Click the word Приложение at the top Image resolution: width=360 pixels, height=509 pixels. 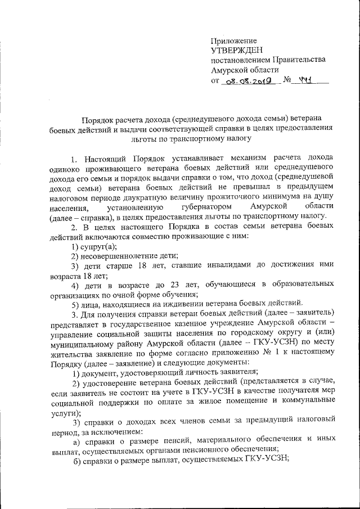click(233, 40)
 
